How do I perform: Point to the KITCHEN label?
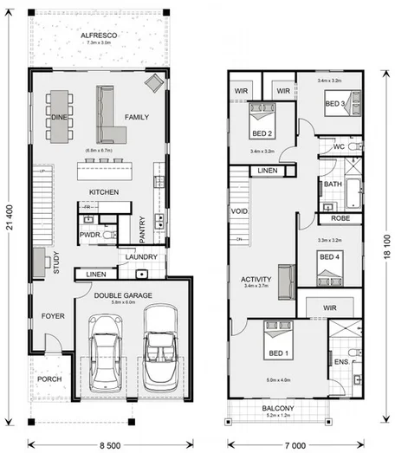(x=103, y=191)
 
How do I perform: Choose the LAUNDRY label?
(x=140, y=257)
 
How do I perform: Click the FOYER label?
(x=53, y=316)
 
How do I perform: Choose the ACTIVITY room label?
(x=257, y=280)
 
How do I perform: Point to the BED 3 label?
(x=336, y=104)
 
